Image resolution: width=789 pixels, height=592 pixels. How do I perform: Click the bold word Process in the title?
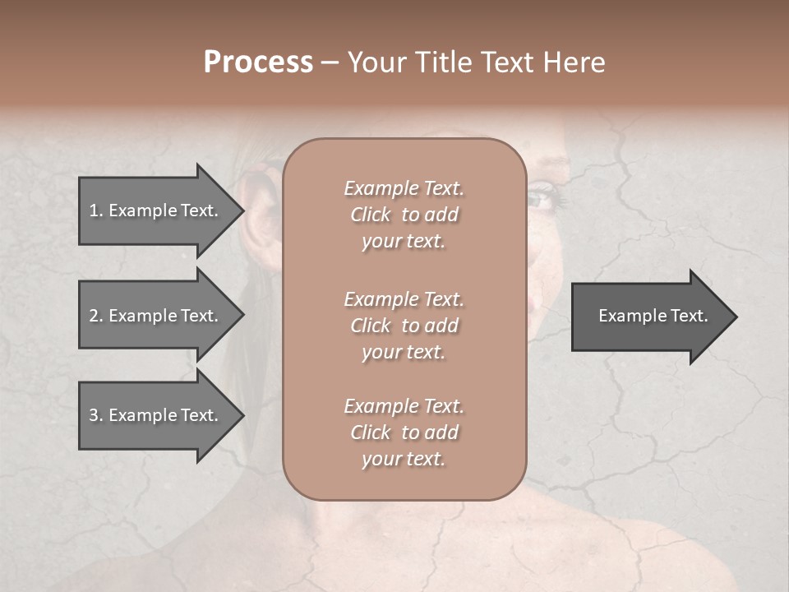tap(258, 62)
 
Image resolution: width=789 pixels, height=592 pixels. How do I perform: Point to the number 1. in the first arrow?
tap(95, 210)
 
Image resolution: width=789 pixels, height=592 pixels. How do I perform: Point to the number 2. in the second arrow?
tap(95, 316)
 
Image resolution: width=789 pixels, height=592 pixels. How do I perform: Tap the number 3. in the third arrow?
tap(95, 415)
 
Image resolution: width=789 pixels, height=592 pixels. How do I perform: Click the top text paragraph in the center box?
tap(404, 215)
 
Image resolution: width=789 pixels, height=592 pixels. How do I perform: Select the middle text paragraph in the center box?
tap(404, 326)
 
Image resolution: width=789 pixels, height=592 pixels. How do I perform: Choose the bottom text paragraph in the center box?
tap(404, 432)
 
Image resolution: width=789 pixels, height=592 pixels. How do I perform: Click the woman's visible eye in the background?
tap(544, 198)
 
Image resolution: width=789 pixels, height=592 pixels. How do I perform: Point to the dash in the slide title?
tap(330, 62)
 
